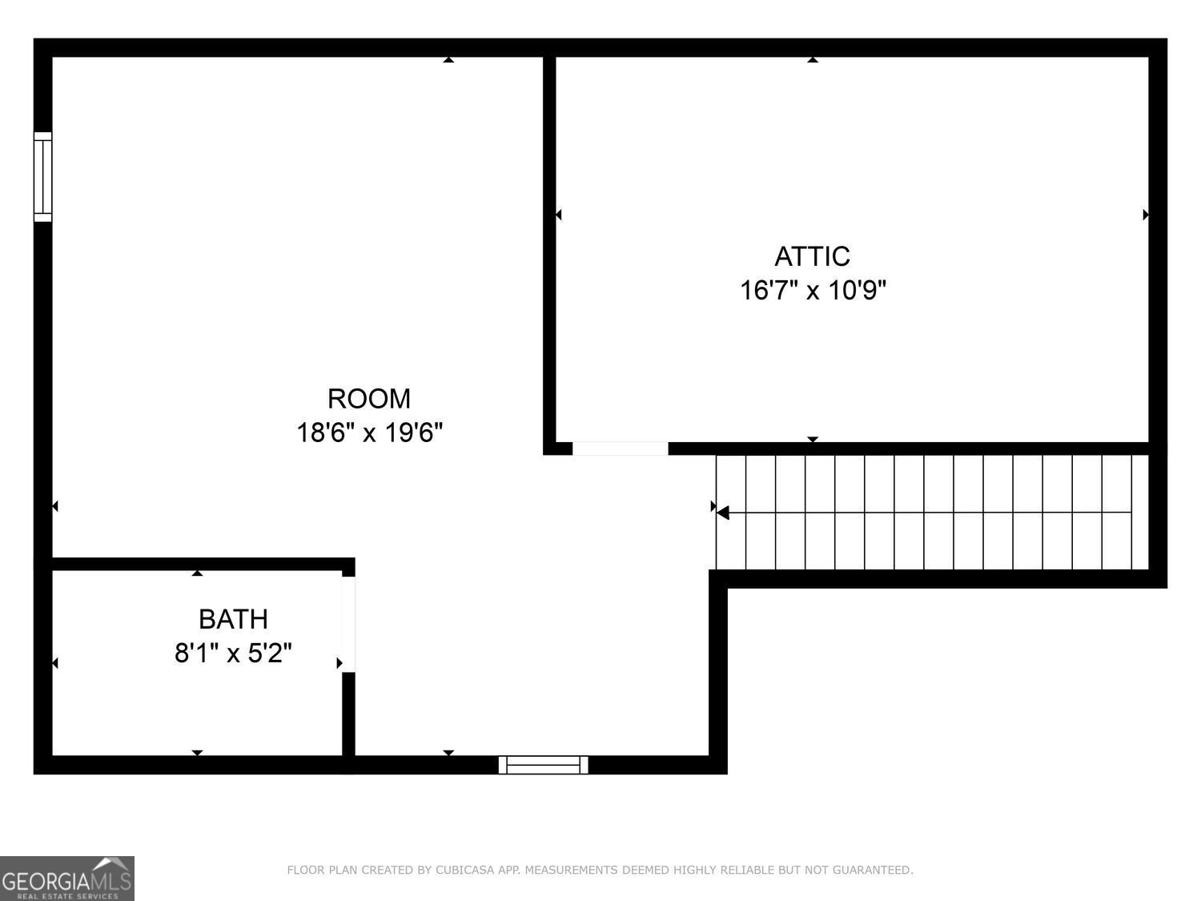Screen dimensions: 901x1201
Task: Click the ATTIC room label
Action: point(812,256)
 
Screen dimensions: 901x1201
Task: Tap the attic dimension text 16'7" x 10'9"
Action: point(813,290)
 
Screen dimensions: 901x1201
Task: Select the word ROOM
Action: point(369,398)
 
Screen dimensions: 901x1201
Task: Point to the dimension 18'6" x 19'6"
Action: point(369,433)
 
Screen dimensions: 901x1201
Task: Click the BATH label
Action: point(233,619)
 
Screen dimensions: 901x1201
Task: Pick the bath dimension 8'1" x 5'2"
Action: point(233,654)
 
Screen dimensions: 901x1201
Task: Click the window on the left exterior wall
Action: point(42,177)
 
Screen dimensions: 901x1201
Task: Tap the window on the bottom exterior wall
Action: point(544,765)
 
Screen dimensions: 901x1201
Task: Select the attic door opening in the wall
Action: point(621,448)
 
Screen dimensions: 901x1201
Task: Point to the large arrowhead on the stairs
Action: point(722,513)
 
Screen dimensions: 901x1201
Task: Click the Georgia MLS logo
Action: point(67,879)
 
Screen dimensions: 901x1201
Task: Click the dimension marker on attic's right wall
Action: point(1146,215)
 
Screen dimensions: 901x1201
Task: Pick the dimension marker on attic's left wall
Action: point(558,215)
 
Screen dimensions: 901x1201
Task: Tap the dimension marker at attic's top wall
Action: point(813,59)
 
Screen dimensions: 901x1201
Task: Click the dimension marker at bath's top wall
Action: point(197,573)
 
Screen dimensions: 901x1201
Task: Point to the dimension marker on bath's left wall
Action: point(55,663)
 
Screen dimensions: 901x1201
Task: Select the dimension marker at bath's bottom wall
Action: point(197,753)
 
